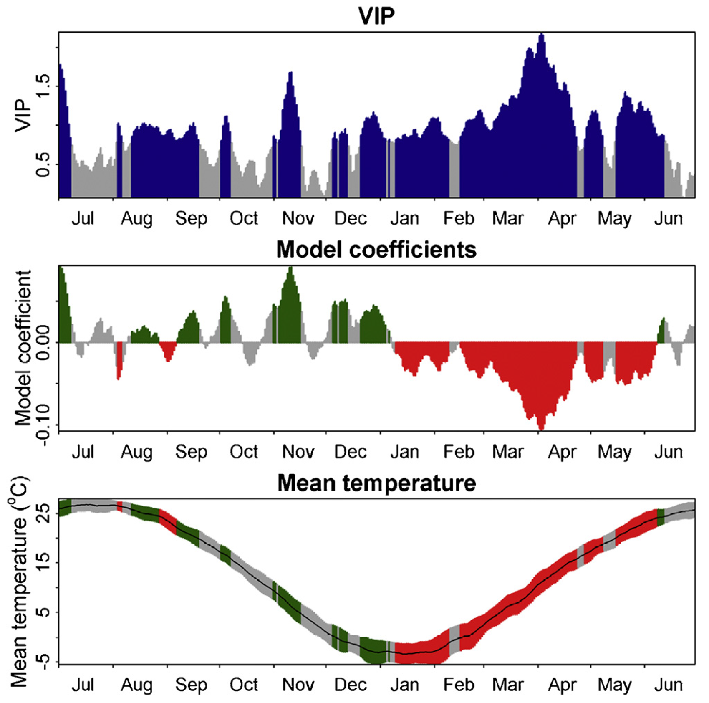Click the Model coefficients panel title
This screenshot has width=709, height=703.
click(x=376, y=249)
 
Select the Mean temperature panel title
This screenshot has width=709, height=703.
click(x=376, y=483)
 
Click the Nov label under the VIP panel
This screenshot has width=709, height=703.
click(x=298, y=218)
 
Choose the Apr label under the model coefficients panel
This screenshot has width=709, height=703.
click(x=562, y=453)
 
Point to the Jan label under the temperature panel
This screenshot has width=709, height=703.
click(x=404, y=685)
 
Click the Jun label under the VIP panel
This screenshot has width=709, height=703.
click(x=669, y=218)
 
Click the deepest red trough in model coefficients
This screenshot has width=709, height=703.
click(x=541, y=427)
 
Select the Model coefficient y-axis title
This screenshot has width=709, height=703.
click(x=23, y=348)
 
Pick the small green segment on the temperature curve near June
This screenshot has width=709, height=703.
click(x=661, y=517)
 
